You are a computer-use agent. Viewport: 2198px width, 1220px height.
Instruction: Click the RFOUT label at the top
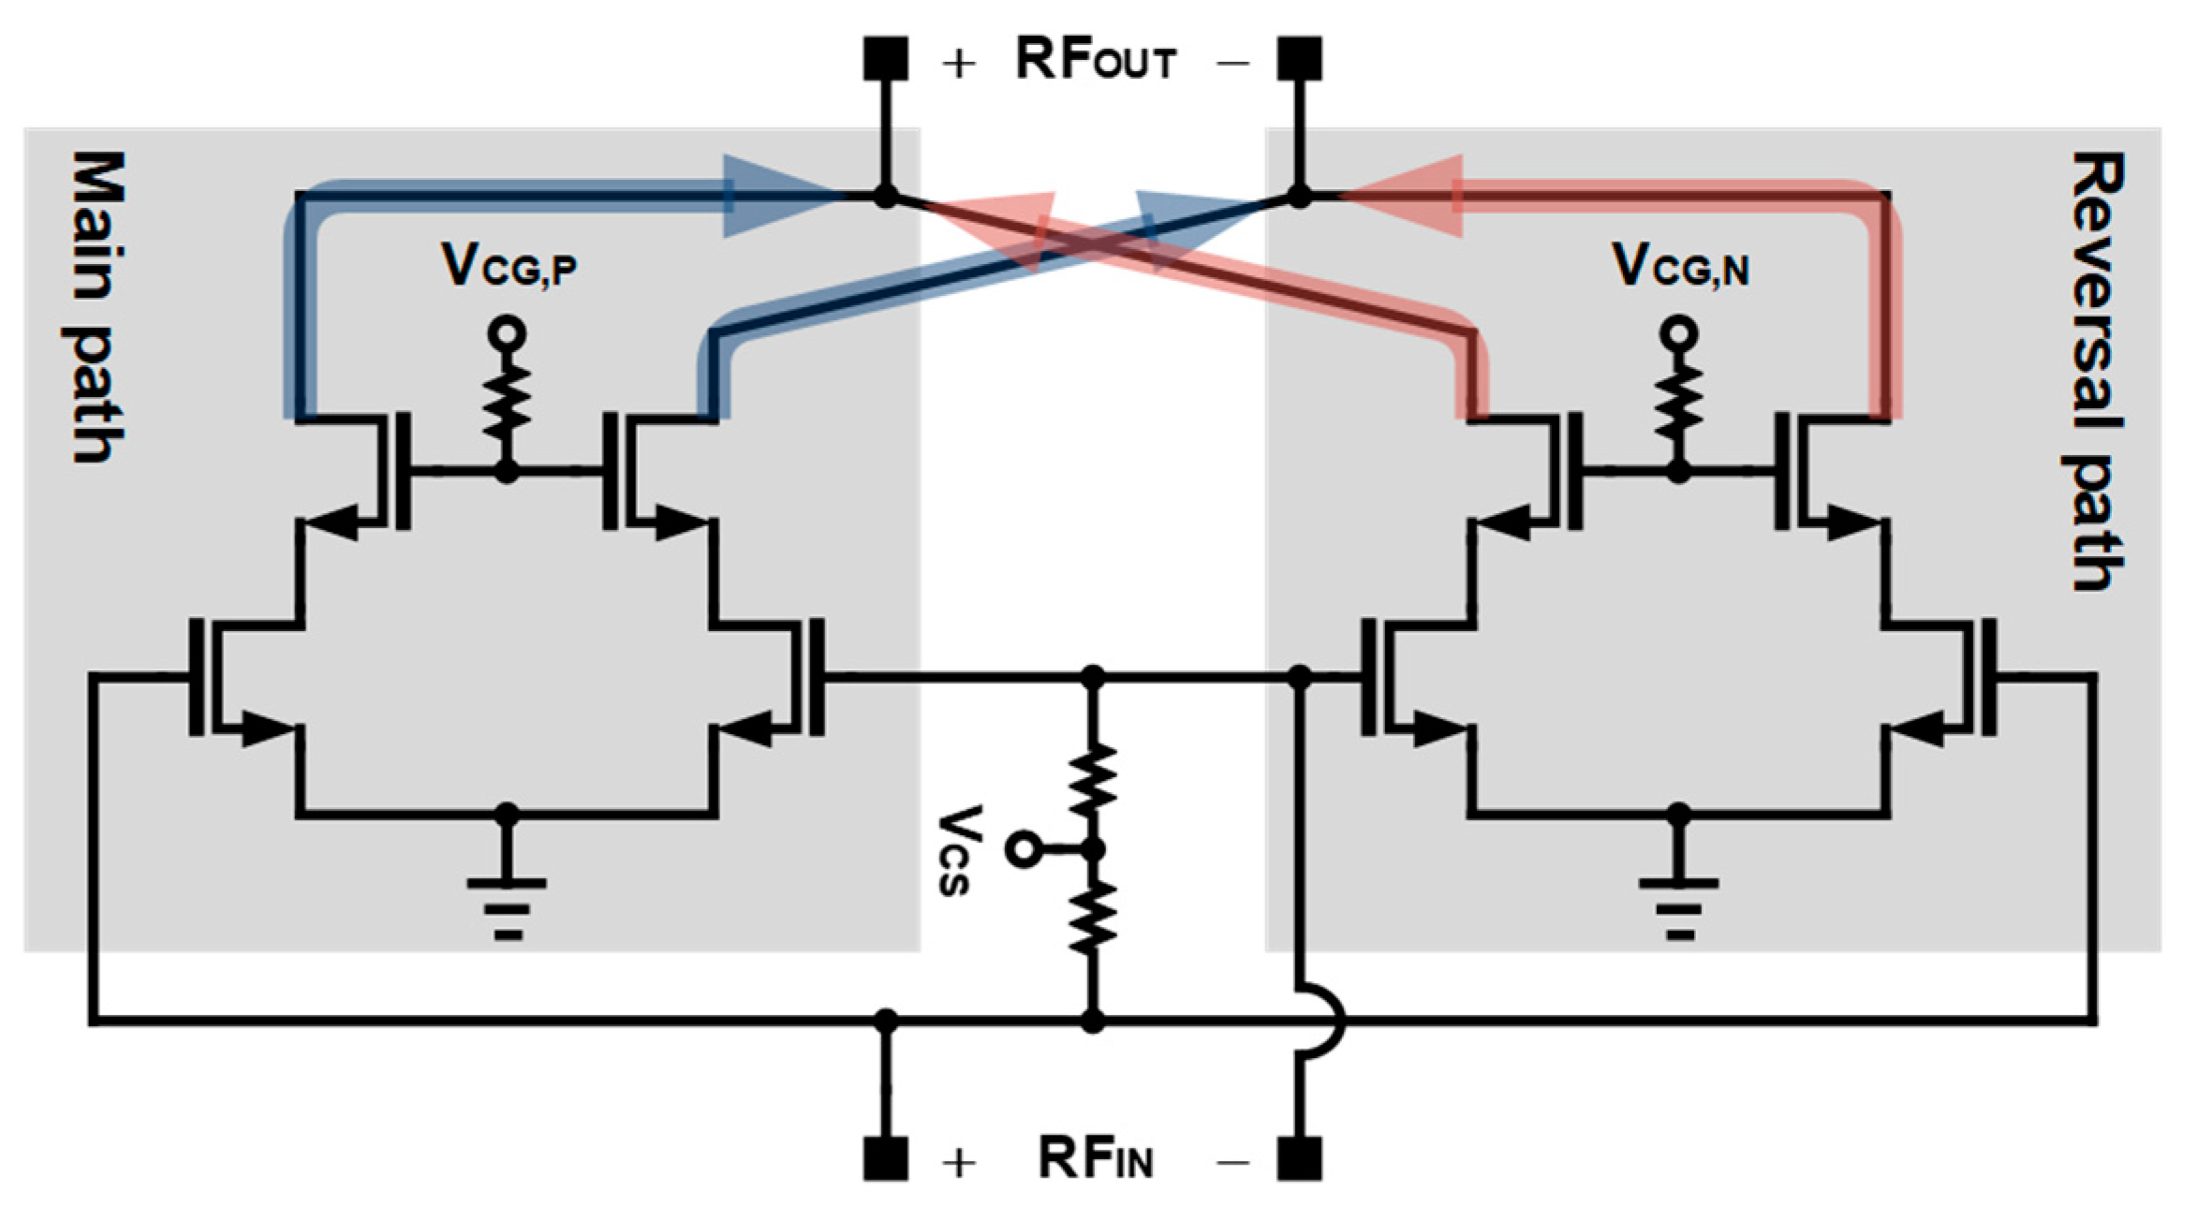click(x=1095, y=61)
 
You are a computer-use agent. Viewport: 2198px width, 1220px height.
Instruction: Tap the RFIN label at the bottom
click(x=1095, y=1158)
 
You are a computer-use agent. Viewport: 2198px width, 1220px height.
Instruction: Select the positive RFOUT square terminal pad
click(x=885, y=58)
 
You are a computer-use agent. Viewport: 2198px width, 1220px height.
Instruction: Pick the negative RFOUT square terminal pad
click(x=1300, y=58)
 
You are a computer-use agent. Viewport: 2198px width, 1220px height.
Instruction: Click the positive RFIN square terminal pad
click(x=885, y=1158)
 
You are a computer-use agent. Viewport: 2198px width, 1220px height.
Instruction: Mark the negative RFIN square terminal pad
click(x=1300, y=1158)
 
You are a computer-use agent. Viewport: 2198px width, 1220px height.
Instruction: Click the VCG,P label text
click(x=509, y=266)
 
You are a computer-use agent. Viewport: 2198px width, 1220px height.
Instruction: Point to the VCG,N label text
click(x=1680, y=266)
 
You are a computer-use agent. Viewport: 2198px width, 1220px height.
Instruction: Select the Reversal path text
click(x=2096, y=371)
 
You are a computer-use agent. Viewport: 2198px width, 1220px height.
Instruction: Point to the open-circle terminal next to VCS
click(x=1021, y=850)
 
